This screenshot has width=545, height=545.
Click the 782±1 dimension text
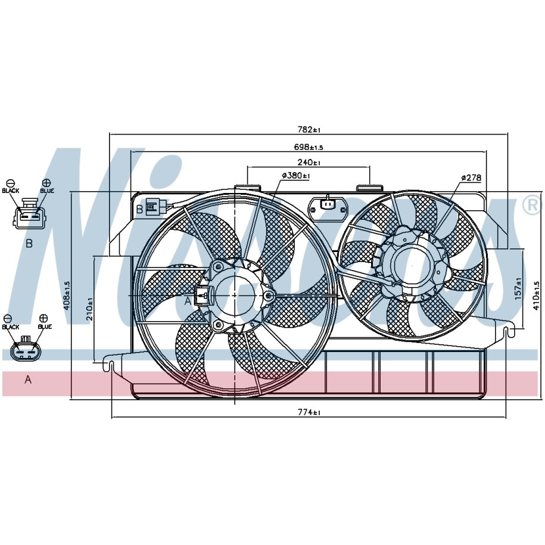[309, 130]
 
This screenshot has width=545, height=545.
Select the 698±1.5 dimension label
[309, 147]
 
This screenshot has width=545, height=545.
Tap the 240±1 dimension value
[309, 163]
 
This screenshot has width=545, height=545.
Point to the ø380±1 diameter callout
[296, 176]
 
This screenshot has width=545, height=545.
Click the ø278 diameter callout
[471, 177]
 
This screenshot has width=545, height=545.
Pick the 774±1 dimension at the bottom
[309, 413]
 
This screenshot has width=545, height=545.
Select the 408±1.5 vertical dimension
[67, 295]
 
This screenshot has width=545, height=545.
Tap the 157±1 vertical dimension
[518, 289]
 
